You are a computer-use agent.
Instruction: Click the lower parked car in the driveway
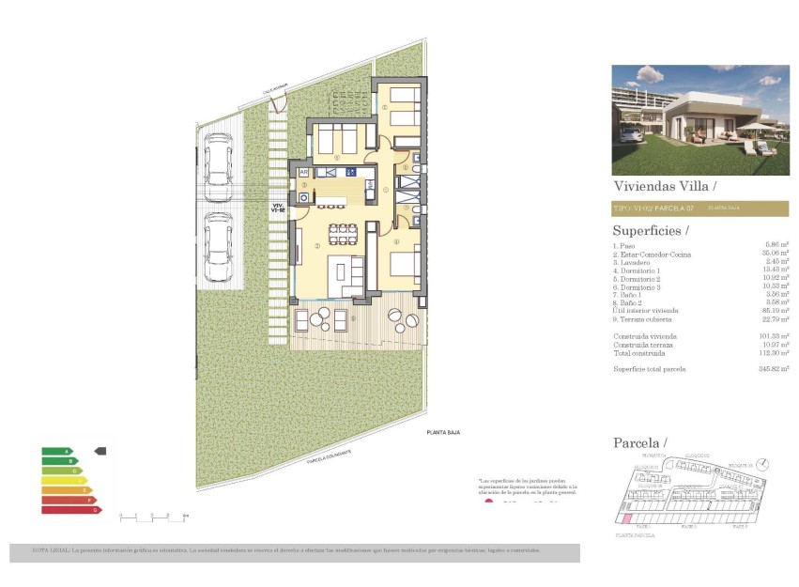coord(218,245)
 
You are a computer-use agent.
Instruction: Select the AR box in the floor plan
coord(303,172)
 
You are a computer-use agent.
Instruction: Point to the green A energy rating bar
coord(57,452)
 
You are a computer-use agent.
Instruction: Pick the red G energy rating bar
coord(71,509)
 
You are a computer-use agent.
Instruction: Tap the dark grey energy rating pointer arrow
coord(100,451)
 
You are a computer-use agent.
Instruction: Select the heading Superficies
coord(650,230)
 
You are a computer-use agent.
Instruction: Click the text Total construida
coord(639,353)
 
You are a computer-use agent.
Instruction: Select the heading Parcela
coord(639,442)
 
